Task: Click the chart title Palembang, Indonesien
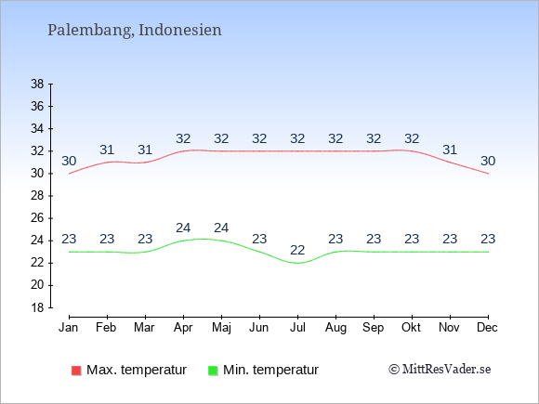click(135, 31)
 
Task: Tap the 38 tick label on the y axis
click(37, 84)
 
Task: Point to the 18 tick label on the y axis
click(37, 307)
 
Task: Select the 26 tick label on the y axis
click(37, 218)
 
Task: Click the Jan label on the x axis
click(69, 328)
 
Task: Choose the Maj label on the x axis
click(221, 328)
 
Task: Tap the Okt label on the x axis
click(411, 328)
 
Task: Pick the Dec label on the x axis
click(487, 328)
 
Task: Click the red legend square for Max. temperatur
click(76, 371)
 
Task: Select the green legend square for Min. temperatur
click(213, 371)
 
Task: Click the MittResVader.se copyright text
click(440, 370)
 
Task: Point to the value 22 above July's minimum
click(297, 250)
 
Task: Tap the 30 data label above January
click(69, 161)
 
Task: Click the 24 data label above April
click(183, 228)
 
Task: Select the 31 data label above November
click(450, 150)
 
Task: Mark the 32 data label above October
click(412, 138)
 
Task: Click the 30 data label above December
click(488, 161)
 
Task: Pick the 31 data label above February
click(107, 150)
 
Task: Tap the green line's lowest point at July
click(297, 263)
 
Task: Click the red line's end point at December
click(488, 174)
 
